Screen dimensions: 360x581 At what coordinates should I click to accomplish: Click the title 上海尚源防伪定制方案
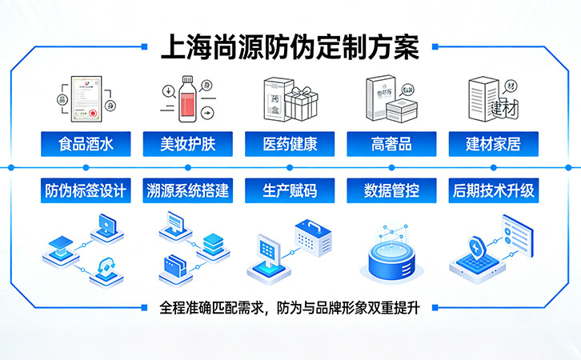pos(290,46)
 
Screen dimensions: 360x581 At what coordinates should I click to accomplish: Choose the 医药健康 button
pos(289,145)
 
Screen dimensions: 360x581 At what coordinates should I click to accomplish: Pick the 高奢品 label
pos(391,145)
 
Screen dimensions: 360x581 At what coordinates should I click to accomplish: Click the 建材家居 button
pos(493,145)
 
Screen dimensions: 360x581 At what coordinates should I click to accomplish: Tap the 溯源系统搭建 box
pos(187,191)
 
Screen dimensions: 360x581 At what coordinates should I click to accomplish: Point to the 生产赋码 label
pos(289,191)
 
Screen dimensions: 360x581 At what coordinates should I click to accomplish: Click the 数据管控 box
pos(391,191)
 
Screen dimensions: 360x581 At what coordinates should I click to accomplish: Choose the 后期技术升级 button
pos(493,191)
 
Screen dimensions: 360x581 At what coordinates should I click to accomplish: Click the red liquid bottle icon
pos(190,98)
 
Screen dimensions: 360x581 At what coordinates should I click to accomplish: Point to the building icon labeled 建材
pos(489,99)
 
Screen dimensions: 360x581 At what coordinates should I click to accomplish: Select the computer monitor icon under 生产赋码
pos(269,254)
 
